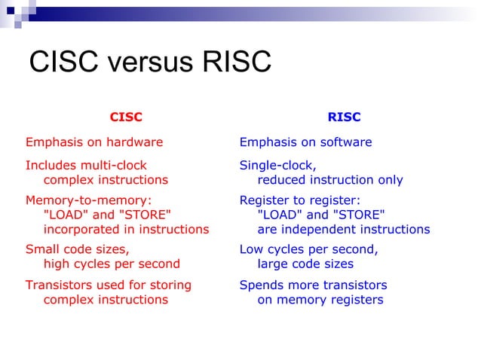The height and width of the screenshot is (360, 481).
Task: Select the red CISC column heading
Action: tap(126, 117)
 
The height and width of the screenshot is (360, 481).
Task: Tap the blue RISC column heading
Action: tap(344, 117)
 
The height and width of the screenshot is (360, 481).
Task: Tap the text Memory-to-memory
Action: tap(89, 200)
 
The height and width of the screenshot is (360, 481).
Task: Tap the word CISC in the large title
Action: tap(63, 63)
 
